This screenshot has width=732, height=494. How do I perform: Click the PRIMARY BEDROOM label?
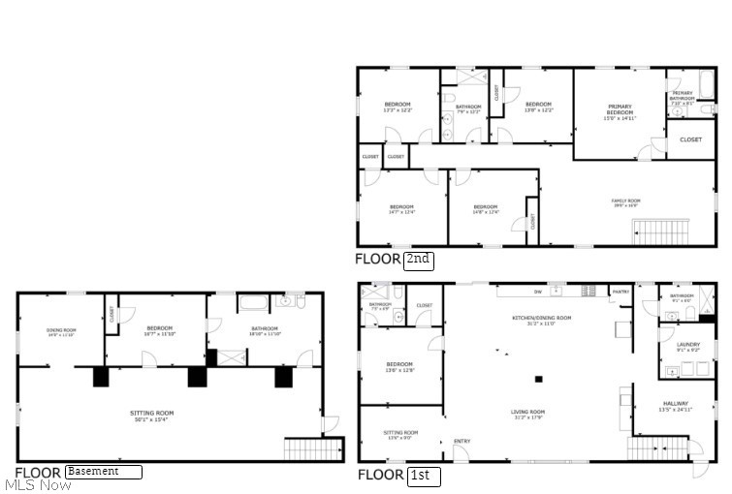tap(620, 109)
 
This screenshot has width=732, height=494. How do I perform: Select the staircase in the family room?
tap(659, 231)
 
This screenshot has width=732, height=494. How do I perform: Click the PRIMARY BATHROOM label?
tap(682, 96)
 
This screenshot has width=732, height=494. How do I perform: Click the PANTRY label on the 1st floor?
tap(620, 291)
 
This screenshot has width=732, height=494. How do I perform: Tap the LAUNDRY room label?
tap(674, 346)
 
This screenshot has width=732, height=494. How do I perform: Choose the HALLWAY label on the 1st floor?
tap(675, 406)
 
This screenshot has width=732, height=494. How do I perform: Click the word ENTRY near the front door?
tap(461, 443)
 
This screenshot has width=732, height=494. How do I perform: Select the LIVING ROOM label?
tap(528, 414)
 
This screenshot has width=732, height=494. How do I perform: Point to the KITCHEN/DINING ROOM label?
tap(541, 321)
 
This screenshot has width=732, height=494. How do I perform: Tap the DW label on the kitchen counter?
tap(537, 291)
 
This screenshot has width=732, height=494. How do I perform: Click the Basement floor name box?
tap(104, 472)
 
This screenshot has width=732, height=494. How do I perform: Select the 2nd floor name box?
tap(418, 260)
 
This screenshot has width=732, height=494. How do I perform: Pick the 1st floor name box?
tap(424, 476)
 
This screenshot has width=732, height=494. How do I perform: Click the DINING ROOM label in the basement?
tap(61, 332)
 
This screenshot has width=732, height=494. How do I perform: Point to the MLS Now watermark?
tap(38, 484)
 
